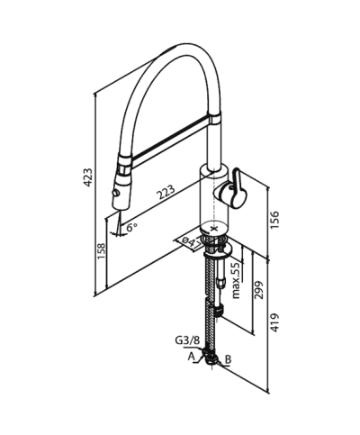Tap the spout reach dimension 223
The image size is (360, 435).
164,191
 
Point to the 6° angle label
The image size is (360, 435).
131,228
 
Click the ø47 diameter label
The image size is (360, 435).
187,242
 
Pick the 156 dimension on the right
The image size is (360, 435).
275,220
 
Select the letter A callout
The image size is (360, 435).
191,358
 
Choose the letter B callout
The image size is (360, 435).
229,359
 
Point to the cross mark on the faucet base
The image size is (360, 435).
211,229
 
